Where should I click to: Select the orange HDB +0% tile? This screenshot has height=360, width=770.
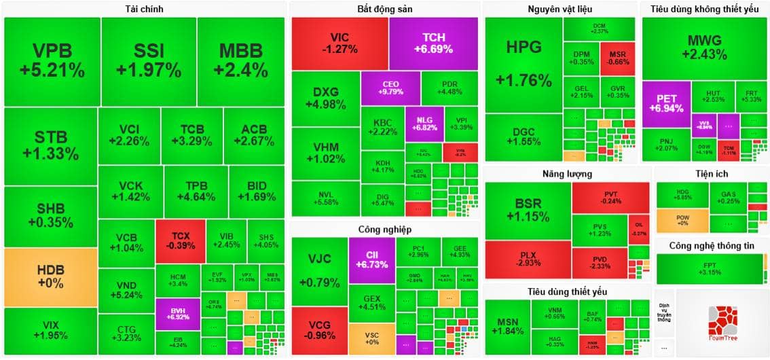click(50, 276)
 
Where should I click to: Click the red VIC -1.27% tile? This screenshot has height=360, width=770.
click(340, 43)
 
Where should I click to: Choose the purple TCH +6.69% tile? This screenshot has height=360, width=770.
click(434, 43)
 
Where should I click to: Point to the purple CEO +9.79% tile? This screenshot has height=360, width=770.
click(390, 88)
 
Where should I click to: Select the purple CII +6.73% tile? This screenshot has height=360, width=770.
click(371, 259)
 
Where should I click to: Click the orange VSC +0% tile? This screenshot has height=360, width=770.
click(371, 338)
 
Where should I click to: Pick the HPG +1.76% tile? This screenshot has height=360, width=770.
click(524, 65)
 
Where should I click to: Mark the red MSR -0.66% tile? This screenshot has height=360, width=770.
click(617, 58)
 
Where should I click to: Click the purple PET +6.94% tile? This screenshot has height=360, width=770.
click(666, 104)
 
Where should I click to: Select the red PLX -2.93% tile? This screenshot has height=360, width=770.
click(528, 259)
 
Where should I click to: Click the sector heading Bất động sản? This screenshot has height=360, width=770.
click(385, 9)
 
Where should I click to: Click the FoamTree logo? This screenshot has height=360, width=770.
click(722, 323)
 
